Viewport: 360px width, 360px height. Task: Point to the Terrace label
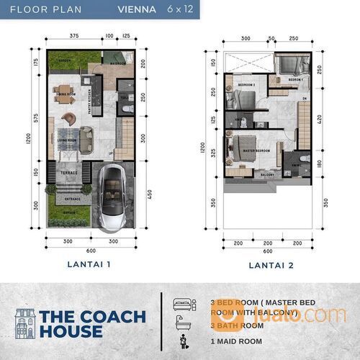[68, 173]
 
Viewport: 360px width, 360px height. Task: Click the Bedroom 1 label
[295, 80]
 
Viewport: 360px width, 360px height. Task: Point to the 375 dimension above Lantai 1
[74, 35]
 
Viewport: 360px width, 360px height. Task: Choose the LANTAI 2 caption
[268, 265]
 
